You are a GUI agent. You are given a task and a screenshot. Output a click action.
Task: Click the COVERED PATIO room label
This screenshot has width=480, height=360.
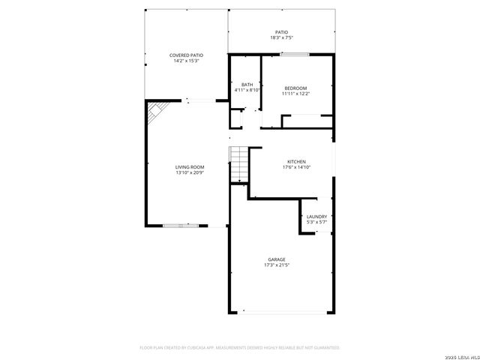[186, 55]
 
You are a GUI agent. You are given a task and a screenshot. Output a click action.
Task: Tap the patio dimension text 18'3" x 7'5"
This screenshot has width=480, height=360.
[281, 37]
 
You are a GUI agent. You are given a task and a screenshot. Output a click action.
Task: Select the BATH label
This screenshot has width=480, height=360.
[247, 85]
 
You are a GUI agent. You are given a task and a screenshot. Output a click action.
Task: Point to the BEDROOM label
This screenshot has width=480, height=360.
[295, 88]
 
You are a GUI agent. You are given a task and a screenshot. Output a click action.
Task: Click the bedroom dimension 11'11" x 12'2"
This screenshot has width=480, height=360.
[295, 94]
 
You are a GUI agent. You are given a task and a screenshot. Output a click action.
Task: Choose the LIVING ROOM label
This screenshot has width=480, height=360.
[190, 167]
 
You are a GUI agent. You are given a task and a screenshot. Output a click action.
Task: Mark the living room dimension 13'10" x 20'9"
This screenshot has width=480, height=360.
[190, 172]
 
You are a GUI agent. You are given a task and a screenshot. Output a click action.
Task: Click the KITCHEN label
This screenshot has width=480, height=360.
[296, 162]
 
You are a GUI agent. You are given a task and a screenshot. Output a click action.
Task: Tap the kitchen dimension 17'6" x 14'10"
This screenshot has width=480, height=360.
[296, 167]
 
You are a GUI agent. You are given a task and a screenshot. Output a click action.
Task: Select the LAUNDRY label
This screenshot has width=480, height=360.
[316, 217]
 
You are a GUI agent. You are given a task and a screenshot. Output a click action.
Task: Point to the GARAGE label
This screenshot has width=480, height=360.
[276, 259]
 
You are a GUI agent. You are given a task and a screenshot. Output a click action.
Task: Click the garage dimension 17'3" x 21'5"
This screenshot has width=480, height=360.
[276, 265]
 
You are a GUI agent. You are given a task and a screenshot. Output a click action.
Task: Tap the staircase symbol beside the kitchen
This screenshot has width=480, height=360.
[238, 164]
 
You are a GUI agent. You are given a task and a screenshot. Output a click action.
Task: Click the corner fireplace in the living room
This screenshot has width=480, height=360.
[155, 112]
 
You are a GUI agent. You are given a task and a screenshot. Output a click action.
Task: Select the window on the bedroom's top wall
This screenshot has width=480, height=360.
[295, 54]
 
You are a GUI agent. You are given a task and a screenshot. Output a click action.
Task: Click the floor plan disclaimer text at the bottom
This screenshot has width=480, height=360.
[240, 347]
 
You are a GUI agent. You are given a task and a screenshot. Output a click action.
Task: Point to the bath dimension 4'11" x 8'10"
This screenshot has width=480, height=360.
[247, 90]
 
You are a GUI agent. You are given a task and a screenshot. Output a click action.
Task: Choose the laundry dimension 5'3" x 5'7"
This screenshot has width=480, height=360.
[316, 222]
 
